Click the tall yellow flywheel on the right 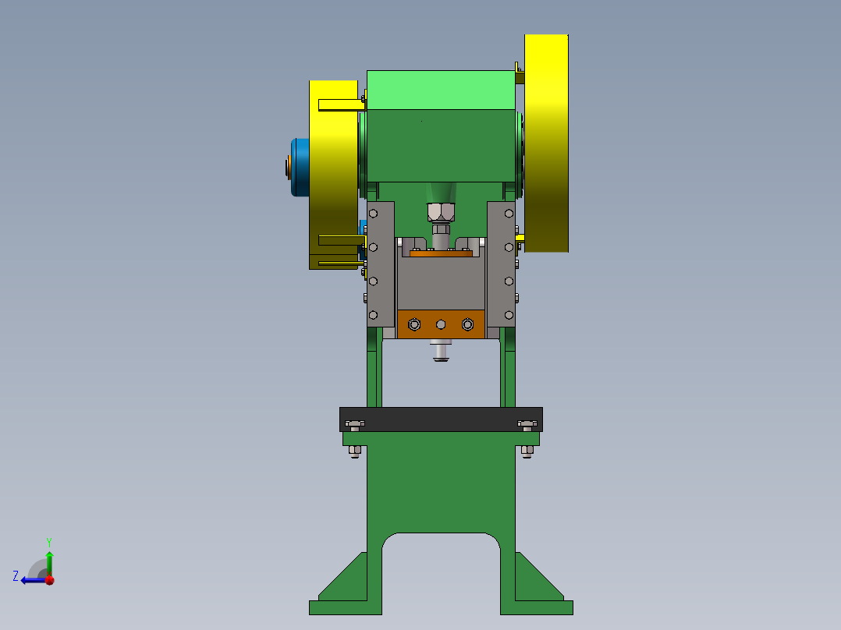[x=546, y=143]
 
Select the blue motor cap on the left [x=300, y=168]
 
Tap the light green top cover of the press [x=441, y=90]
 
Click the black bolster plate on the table [x=441, y=419]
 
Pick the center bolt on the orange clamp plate [x=441, y=324]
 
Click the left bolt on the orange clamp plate [x=414, y=324]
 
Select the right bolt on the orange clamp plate [x=468, y=324]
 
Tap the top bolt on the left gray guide [x=373, y=214]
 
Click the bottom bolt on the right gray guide [x=509, y=315]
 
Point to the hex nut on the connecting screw [x=441, y=212]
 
